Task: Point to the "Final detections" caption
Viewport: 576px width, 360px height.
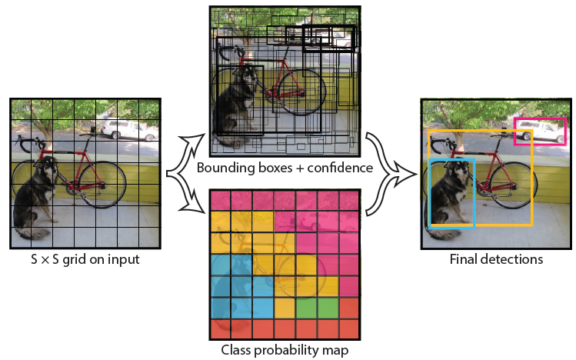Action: pyautogui.click(x=496, y=259)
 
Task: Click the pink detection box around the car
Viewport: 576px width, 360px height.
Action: pyautogui.click(x=540, y=119)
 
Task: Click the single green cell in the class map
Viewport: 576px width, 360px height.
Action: pyautogui.click(x=307, y=308)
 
